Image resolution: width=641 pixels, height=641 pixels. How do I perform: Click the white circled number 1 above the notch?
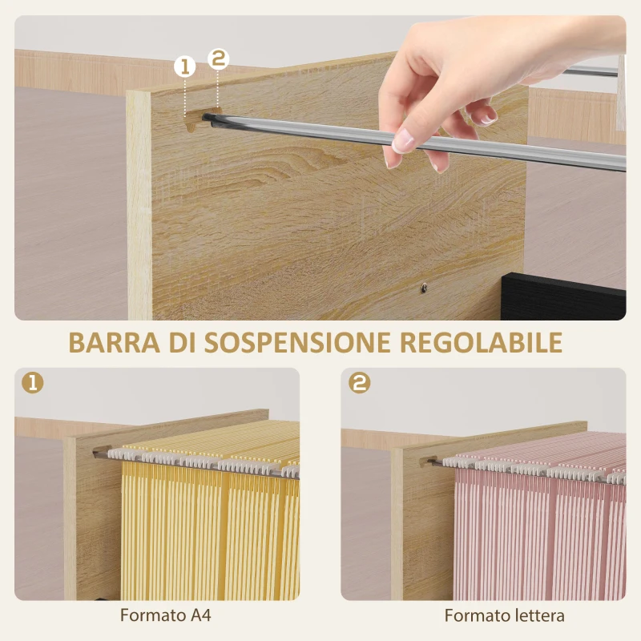[x=185, y=67]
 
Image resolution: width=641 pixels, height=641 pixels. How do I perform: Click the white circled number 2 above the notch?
[x=218, y=58]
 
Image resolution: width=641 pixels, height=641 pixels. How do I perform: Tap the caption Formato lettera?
[x=505, y=615]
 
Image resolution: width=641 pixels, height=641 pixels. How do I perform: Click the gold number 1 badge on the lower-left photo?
[x=33, y=384]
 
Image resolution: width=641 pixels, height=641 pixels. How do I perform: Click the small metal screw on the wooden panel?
[x=422, y=284]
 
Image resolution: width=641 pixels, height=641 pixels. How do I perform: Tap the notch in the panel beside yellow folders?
[x=101, y=451]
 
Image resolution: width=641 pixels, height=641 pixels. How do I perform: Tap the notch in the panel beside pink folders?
[x=428, y=461]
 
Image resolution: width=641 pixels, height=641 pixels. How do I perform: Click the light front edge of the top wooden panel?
[x=139, y=208]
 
